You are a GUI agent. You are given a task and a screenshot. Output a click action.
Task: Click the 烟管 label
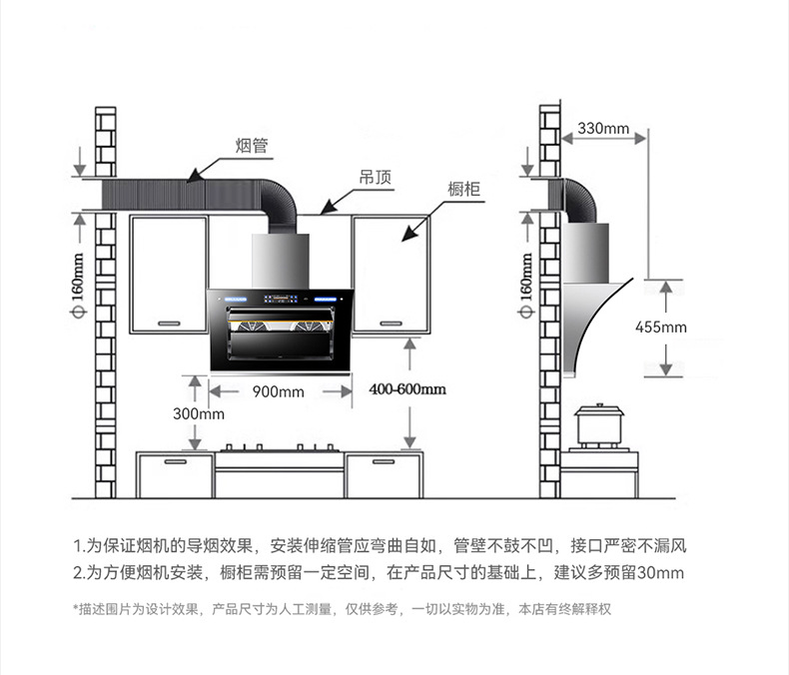tap(252, 146)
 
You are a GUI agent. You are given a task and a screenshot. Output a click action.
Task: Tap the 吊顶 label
tap(376, 178)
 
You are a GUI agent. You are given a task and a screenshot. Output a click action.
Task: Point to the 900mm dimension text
tap(278, 391)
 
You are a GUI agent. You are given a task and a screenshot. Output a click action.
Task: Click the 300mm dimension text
tap(199, 413)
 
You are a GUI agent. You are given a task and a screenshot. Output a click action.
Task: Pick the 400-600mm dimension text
tap(406, 389)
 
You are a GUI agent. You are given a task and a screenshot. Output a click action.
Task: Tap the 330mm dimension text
tap(603, 129)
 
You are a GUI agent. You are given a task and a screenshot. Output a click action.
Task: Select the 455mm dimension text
tap(661, 328)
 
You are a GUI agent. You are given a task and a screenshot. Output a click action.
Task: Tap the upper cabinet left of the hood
tap(169, 273)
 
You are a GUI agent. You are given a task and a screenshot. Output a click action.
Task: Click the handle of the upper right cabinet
tap(391, 323)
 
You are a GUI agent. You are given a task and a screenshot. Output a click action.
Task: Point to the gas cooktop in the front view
tap(280, 449)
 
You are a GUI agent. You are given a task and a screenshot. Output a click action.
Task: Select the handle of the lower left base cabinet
tap(174, 462)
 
